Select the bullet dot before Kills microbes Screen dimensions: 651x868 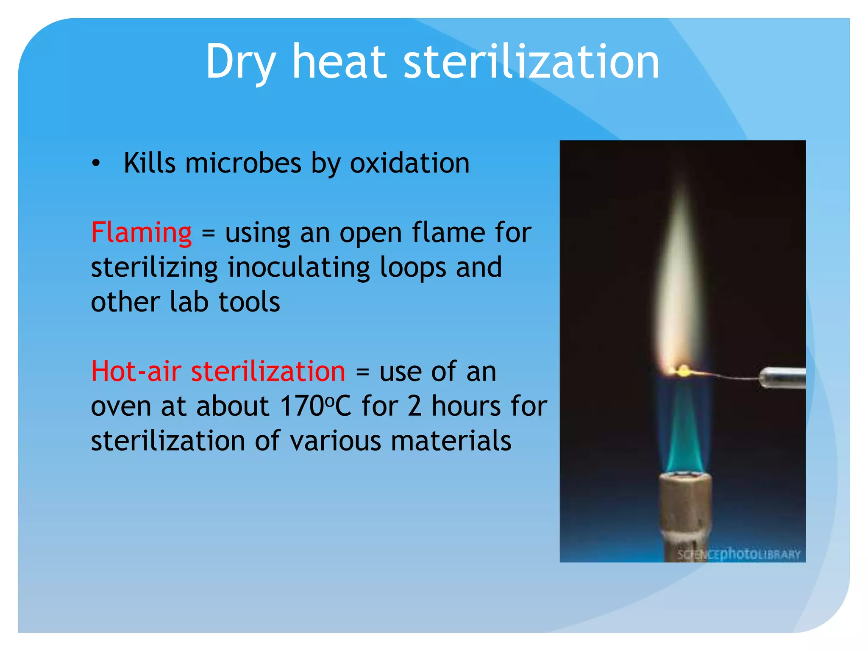pos(96,163)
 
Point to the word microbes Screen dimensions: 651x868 pos(243,163)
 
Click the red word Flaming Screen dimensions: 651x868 pos(142,233)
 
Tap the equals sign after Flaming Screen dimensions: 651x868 pos(208,234)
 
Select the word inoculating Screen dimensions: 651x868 pos(299,268)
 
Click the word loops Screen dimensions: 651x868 pos(413,268)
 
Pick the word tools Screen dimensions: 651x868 pos(249,302)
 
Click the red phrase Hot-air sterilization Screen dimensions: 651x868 pos(218,371)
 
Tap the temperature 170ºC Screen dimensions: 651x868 pos(315,406)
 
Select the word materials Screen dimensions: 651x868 pos(451,441)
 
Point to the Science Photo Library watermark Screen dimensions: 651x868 pos(738,554)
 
